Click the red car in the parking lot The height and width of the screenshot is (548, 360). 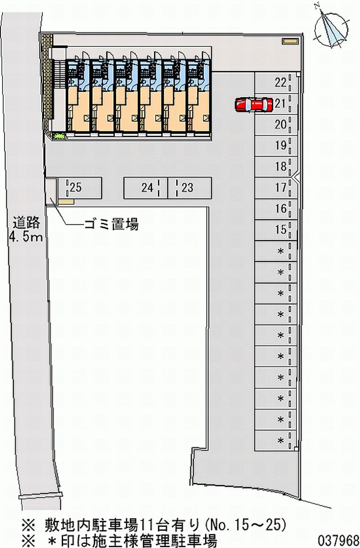254,105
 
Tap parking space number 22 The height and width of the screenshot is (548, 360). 276,83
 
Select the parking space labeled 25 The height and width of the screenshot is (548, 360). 80,188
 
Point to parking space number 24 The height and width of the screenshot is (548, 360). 145,188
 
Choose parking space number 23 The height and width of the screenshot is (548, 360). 189,188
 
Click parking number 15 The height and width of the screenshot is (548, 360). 280,230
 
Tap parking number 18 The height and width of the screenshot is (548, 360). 280,167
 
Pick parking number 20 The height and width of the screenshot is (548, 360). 280,125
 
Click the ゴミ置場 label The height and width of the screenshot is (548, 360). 112,224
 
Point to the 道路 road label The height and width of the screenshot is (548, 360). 27,222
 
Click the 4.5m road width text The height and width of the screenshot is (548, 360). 26,237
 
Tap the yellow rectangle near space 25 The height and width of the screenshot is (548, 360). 66,202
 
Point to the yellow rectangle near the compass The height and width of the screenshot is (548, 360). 290,41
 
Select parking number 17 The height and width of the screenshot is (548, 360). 280,188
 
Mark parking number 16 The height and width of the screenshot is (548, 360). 280,209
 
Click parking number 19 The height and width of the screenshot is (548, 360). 280,146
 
